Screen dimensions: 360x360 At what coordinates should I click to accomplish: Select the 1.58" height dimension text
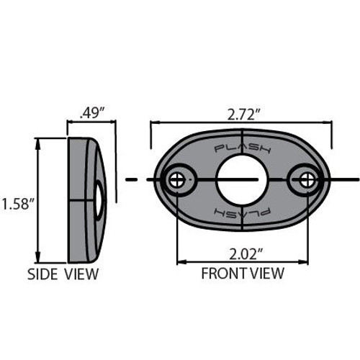[17, 204]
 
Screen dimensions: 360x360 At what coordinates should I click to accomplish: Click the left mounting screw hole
[176, 180]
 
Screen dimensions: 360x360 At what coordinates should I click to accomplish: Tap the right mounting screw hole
[306, 180]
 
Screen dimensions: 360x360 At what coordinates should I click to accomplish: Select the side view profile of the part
[85, 199]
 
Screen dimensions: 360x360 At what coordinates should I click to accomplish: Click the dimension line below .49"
[91, 122]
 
